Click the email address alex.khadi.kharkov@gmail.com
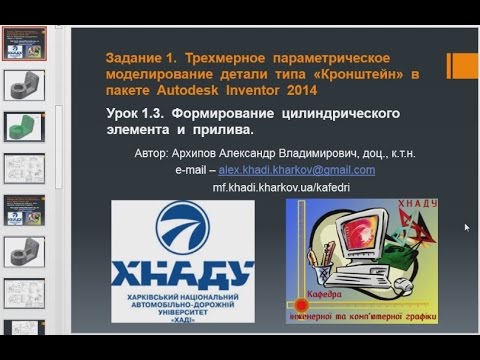tap(305, 170)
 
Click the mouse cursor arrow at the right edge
tap(466, 227)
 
